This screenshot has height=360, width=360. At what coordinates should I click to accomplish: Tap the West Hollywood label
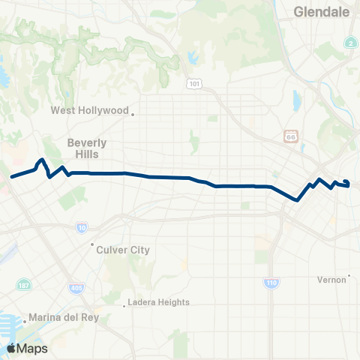click(x=89, y=110)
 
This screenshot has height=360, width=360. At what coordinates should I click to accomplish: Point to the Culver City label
click(x=123, y=250)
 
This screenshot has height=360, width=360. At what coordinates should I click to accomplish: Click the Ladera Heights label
click(x=158, y=302)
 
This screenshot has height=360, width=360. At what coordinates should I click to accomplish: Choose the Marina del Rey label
click(x=64, y=317)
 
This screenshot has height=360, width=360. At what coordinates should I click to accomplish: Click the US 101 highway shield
click(x=194, y=84)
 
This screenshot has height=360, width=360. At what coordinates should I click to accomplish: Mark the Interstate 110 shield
click(x=271, y=283)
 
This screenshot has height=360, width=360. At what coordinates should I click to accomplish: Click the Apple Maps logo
click(x=27, y=348)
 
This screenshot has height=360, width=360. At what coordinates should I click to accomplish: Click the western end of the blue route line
click(x=11, y=178)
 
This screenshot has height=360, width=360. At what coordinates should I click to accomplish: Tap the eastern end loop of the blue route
click(x=346, y=183)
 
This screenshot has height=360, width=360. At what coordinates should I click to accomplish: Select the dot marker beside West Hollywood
click(x=133, y=114)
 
